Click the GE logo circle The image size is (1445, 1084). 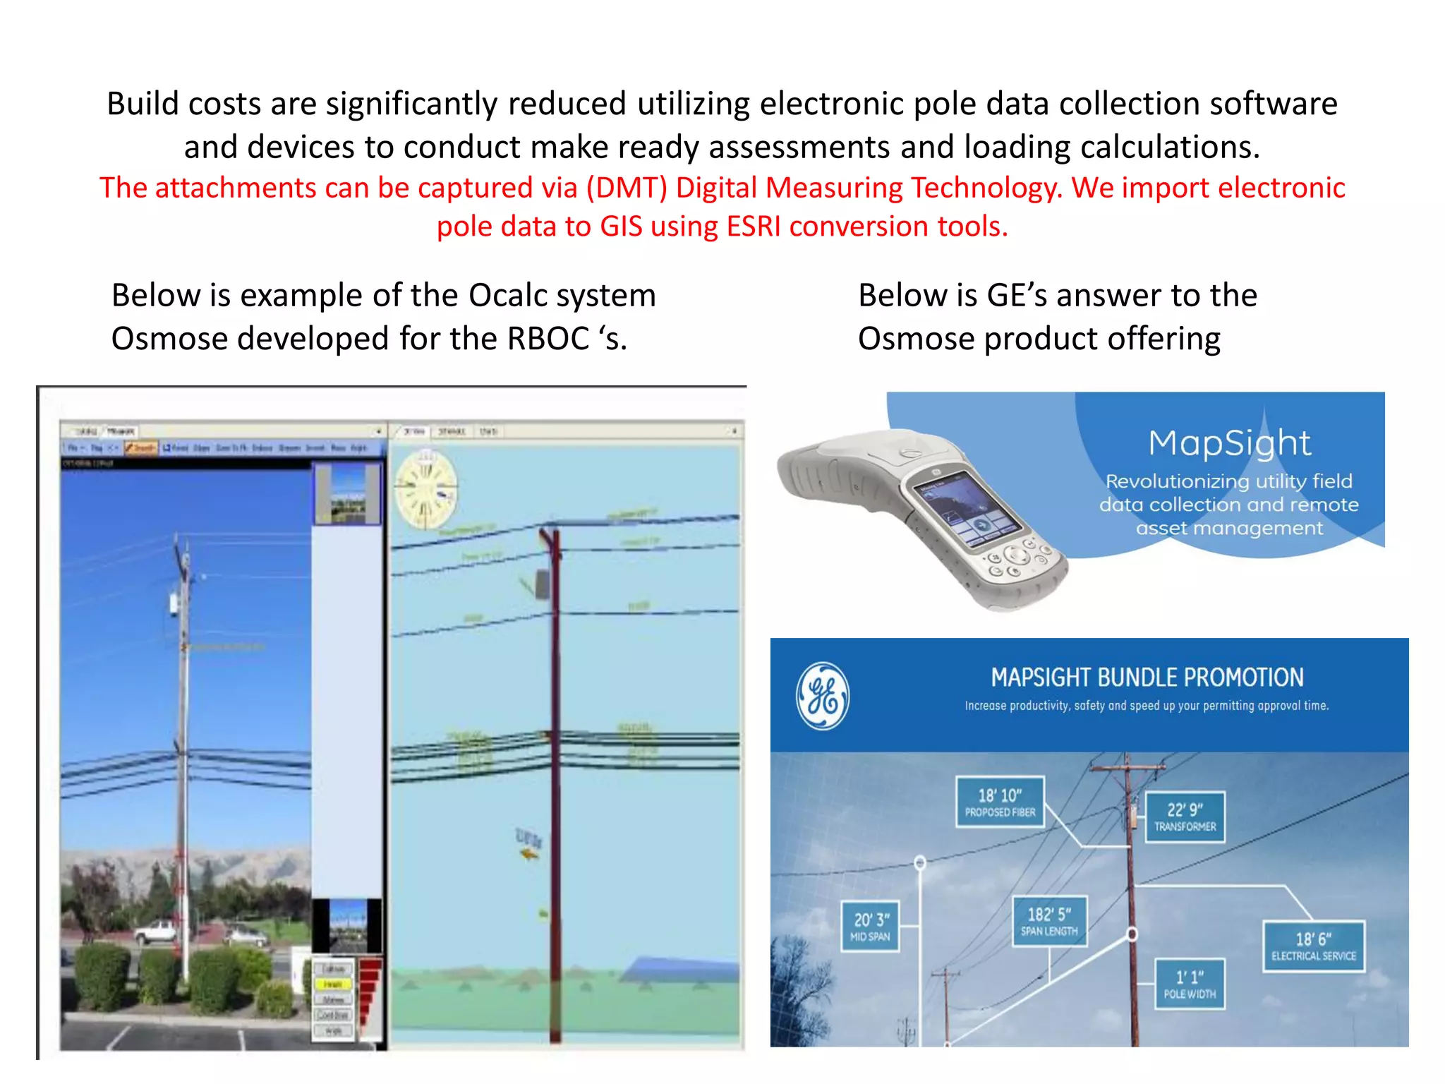pyautogui.click(x=822, y=696)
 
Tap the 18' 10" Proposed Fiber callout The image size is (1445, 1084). pyautogui.click(x=1000, y=802)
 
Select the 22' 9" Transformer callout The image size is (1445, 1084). pyautogui.click(x=1185, y=817)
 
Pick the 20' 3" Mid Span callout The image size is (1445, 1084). pyautogui.click(x=871, y=927)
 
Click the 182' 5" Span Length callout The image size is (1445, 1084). pyautogui.click(x=1049, y=921)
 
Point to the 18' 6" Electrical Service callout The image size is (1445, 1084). pyautogui.click(x=1313, y=946)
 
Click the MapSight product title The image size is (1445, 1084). pyautogui.click(x=1229, y=443)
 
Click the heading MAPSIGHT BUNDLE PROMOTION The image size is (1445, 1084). pyautogui.click(x=1147, y=677)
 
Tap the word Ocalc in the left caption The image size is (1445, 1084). pyautogui.click(x=507, y=295)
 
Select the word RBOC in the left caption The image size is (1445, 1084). pyautogui.click(x=548, y=339)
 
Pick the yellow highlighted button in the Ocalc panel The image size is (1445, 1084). pyautogui.click(x=333, y=984)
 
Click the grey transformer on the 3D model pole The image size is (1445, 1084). pyautogui.click(x=543, y=584)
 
